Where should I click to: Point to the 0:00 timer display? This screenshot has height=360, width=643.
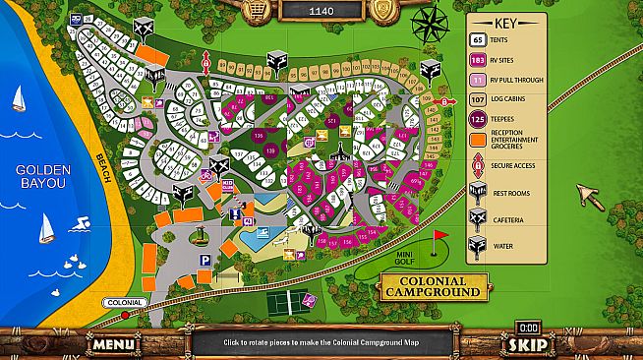point(529,327)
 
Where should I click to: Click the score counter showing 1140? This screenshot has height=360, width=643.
point(321,11)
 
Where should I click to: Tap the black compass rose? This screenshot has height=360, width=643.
point(429,25)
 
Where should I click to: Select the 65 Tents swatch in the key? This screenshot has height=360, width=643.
point(477,40)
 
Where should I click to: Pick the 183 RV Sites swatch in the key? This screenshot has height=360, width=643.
point(477,59)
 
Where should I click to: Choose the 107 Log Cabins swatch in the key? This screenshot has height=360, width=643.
point(477,99)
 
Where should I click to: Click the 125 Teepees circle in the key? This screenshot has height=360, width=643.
point(477,119)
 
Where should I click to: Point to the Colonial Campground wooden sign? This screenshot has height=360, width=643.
point(432,286)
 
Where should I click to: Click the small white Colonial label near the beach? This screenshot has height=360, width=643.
point(124,303)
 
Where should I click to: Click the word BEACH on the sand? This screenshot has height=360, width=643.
point(107,173)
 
